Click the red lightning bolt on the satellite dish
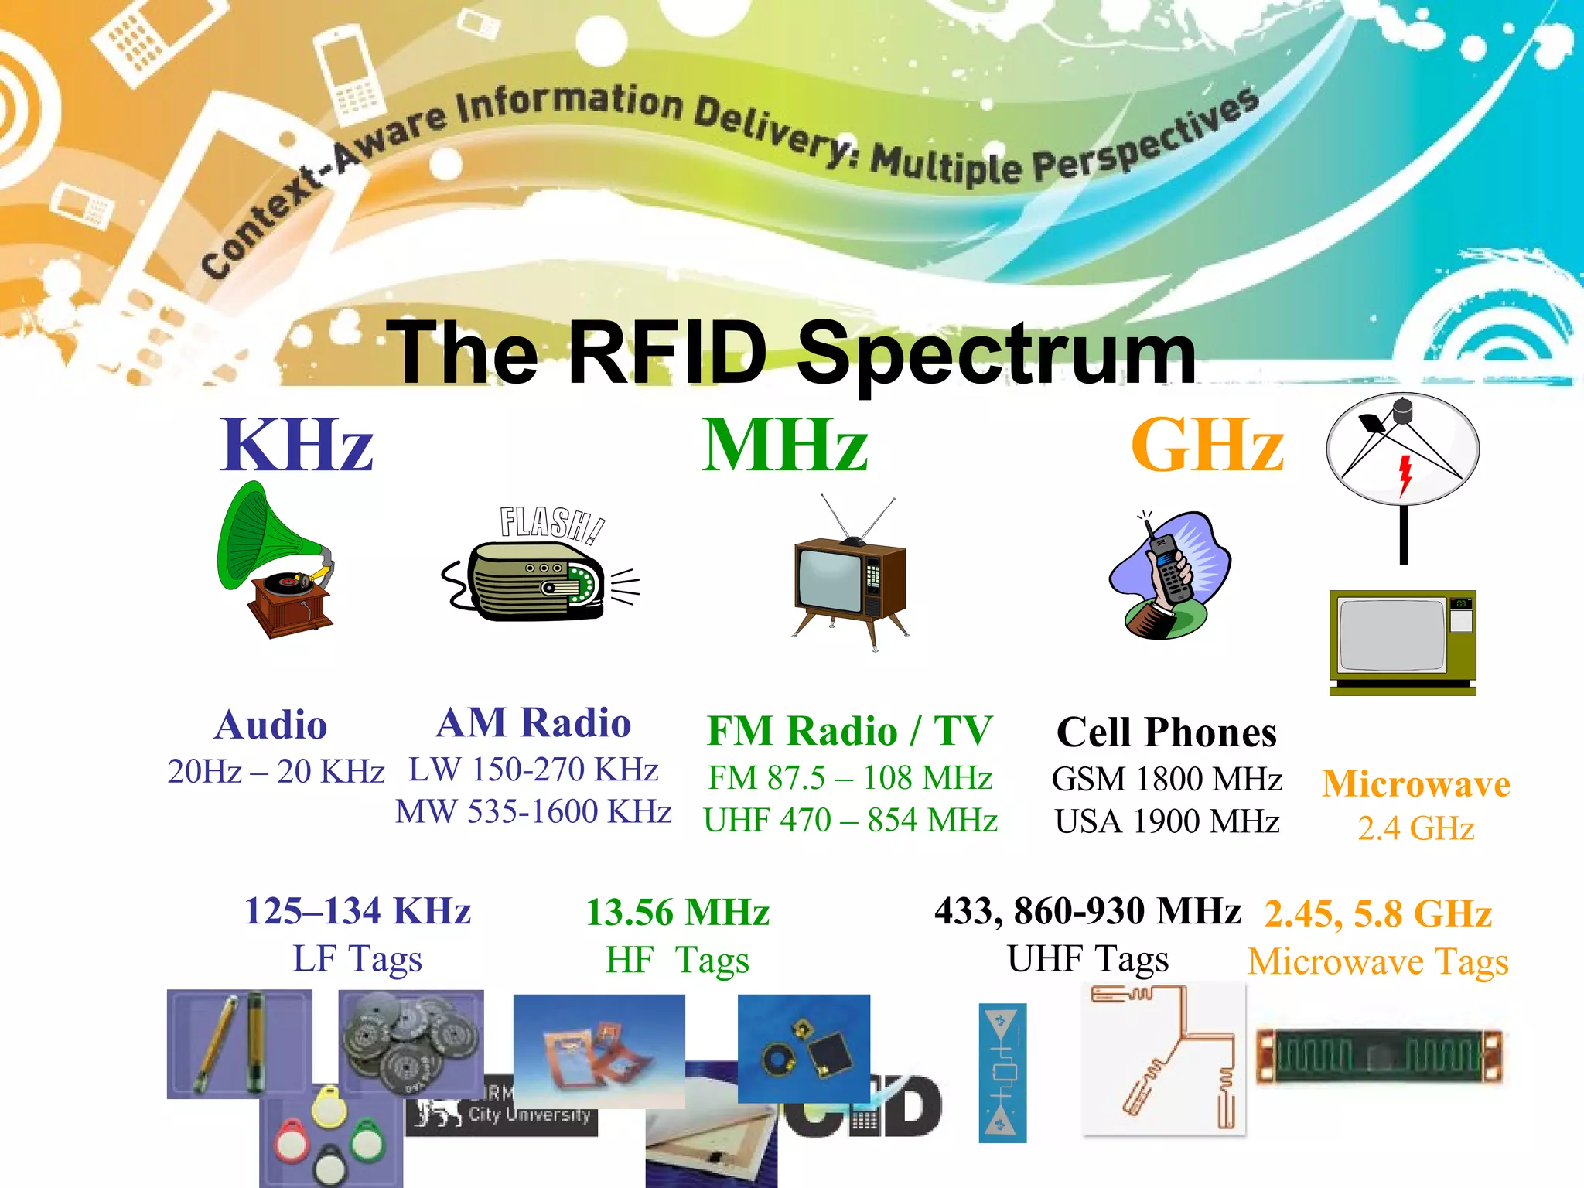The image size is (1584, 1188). pos(1405,474)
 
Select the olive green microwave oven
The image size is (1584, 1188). pos(1402,642)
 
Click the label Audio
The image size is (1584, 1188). pos(271,725)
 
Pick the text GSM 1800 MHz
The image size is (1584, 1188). pos(1166,779)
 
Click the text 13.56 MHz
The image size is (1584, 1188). pos(678,913)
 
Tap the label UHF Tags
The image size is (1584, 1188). pos(1087,959)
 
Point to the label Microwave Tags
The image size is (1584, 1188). pos(1378,962)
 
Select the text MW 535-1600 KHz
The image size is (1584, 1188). pos(533,812)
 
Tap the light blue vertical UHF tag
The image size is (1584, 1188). pos(1002,1073)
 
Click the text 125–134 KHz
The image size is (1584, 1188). pos(357,911)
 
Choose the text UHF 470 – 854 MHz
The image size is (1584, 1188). pos(850,821)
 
